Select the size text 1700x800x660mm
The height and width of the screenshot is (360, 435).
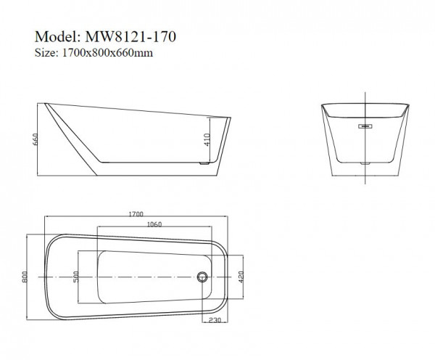pos(105,52)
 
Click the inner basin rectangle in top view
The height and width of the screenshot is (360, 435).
pos(145,277)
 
